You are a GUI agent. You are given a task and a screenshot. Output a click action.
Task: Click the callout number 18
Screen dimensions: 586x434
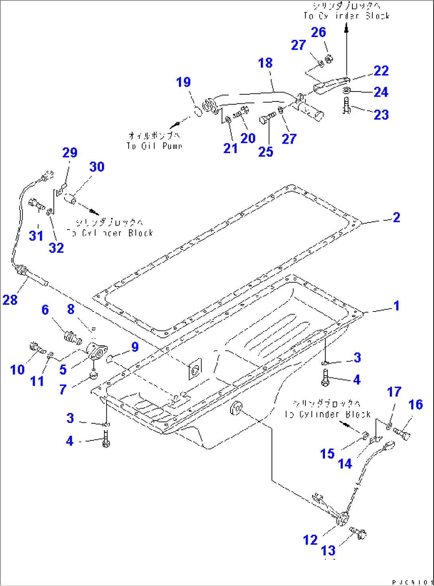(x=265, y=63)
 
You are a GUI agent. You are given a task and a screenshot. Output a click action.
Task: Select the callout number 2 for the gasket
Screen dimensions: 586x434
(x=396, y=217)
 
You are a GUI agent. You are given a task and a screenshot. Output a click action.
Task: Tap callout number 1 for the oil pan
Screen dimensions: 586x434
(x=396, y=306)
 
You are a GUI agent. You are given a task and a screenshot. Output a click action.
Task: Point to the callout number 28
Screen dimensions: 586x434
(x=10, y=300)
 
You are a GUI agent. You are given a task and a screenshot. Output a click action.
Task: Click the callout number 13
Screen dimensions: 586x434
(x=328, y=551)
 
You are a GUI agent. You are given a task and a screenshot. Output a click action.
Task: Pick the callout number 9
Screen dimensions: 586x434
(x=135, y=347)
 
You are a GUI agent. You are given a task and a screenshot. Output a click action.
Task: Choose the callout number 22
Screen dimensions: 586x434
(x=381, y=71)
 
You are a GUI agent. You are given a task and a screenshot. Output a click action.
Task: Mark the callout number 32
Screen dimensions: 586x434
(x=56, y=248)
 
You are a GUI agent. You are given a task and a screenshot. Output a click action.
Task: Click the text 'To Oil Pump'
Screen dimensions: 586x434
(x=154, y=146)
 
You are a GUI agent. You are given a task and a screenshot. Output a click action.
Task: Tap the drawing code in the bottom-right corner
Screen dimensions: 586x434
(x=412, y=582)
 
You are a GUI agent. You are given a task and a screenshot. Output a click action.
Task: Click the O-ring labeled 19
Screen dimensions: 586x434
(x=198, y=111)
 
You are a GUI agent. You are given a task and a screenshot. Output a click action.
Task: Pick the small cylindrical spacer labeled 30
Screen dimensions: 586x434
(x=70, y=198)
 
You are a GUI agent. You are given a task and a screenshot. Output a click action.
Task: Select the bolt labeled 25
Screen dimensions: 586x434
(x=267, y=117)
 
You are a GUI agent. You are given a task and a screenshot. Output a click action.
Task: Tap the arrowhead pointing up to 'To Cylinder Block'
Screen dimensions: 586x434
(x=346, y=28)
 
